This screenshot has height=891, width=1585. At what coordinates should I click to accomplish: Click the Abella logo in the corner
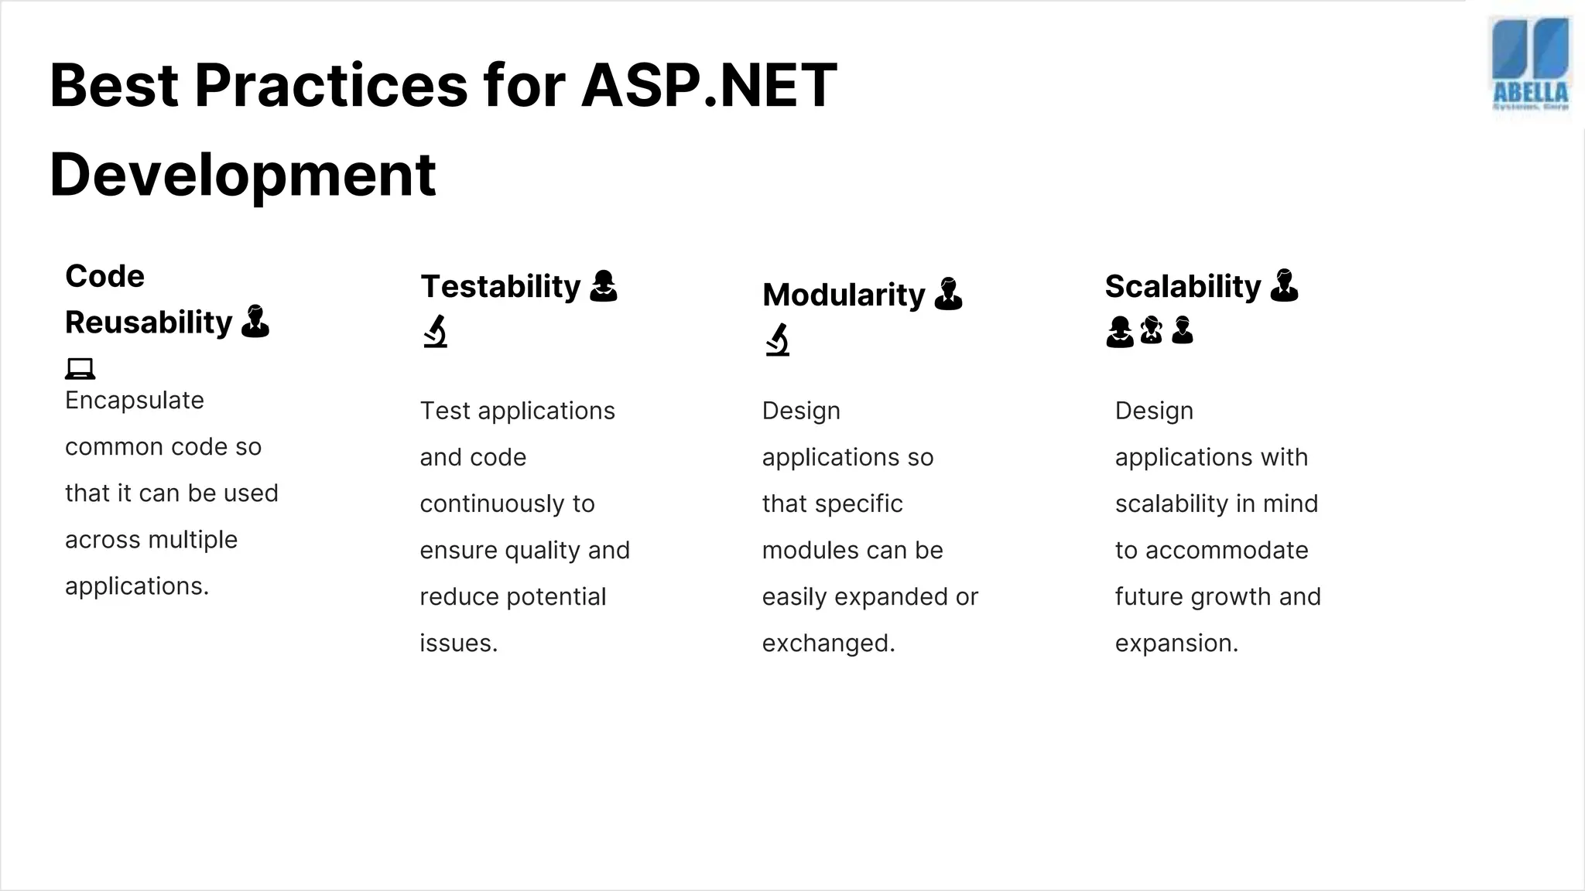click(x=1530, y=68)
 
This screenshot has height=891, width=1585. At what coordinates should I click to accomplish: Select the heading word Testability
click(x=500, y=286)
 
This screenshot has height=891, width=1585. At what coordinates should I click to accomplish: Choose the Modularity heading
click(x=843, y=295)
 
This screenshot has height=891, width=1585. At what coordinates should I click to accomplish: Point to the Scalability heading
click(x=1182, y=286)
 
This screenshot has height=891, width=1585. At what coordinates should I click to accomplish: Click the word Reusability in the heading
click(x=149, y=323)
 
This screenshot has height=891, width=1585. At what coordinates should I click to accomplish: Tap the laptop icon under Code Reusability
click(x=80, y=368)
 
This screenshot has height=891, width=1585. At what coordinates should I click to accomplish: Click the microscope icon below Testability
click(x=436, y=331)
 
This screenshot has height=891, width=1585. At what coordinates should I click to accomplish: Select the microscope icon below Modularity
click(x=778, y=340)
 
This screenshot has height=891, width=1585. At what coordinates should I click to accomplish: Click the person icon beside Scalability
click(x=1284, y=285)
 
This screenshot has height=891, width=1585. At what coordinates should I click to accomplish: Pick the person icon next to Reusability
click(x=255, y=321)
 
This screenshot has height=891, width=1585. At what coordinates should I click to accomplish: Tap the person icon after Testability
click(x=603, y=285)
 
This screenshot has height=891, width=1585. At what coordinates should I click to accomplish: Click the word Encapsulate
click(x=135, y=401)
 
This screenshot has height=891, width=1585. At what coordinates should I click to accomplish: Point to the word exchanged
click(x=827, y=643)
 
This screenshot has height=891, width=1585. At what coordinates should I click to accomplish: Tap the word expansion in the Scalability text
click(x=1176, y=643)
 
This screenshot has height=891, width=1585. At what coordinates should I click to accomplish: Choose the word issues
click(x=457, y=643)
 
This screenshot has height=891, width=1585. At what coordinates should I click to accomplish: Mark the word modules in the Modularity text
click(x=812, y=551)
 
